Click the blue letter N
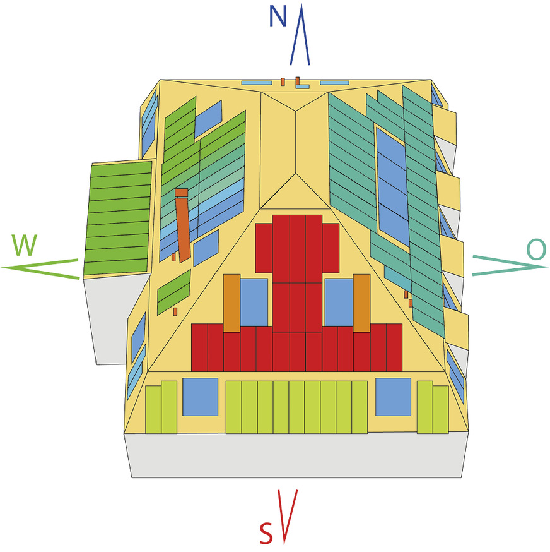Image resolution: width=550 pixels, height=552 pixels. [278, 16]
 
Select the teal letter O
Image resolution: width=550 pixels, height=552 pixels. [535, 250]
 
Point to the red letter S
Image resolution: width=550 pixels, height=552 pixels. [266, 534]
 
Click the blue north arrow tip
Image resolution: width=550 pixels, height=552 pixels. [301, 8]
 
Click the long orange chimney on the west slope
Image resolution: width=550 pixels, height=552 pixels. [183, 224]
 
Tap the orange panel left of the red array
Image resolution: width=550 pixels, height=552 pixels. [231, 303]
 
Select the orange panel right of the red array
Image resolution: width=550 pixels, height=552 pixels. [361, 303]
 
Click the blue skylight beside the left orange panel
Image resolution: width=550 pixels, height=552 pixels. [254, 303]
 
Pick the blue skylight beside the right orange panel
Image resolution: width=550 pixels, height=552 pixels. [339, 303]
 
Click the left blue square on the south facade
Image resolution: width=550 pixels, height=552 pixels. [200, 397]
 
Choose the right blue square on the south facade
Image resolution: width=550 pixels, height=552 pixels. [394, 397]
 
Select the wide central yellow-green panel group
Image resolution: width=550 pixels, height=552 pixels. [296, 407]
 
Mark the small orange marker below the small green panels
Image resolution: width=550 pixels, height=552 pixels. [175, 311]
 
